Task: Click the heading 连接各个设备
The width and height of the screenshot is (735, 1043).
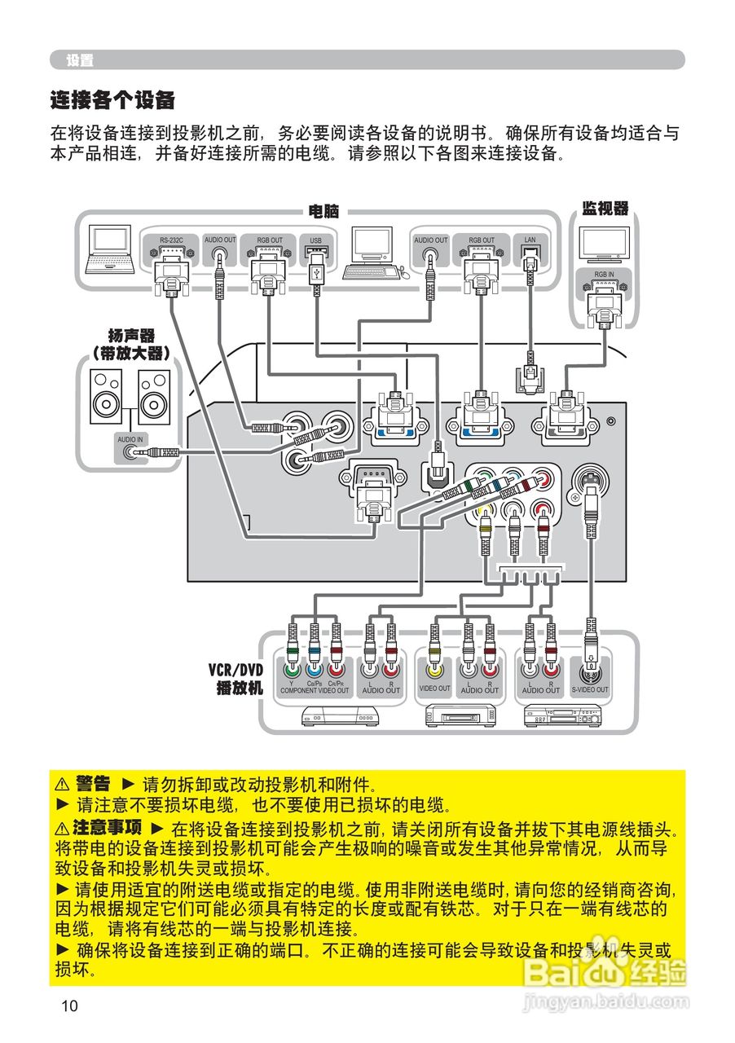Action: (x=112, y=101)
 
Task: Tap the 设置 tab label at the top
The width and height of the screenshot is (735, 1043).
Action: (x=80, y=60)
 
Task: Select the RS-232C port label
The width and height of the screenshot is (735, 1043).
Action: (x=170, y=240)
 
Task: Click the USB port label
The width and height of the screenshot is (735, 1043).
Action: (x=316, y=240)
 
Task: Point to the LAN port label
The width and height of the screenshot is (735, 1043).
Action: (x=530, y=240)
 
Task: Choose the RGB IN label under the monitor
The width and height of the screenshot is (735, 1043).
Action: (x=604, y=275)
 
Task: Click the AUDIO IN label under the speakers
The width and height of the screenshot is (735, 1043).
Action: (x=129, y=438)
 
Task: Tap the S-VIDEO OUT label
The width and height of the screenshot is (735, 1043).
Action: (x=589, y=689)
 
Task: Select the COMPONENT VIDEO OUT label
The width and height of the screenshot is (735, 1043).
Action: (x=315, y=690)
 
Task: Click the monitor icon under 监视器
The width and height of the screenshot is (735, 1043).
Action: (x=604, y=243)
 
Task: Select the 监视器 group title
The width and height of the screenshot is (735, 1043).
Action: (x=605, y=209)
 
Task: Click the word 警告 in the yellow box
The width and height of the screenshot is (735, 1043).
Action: (x=93, y=785)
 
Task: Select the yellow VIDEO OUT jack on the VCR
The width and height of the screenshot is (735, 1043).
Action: (x=434, y=671)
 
